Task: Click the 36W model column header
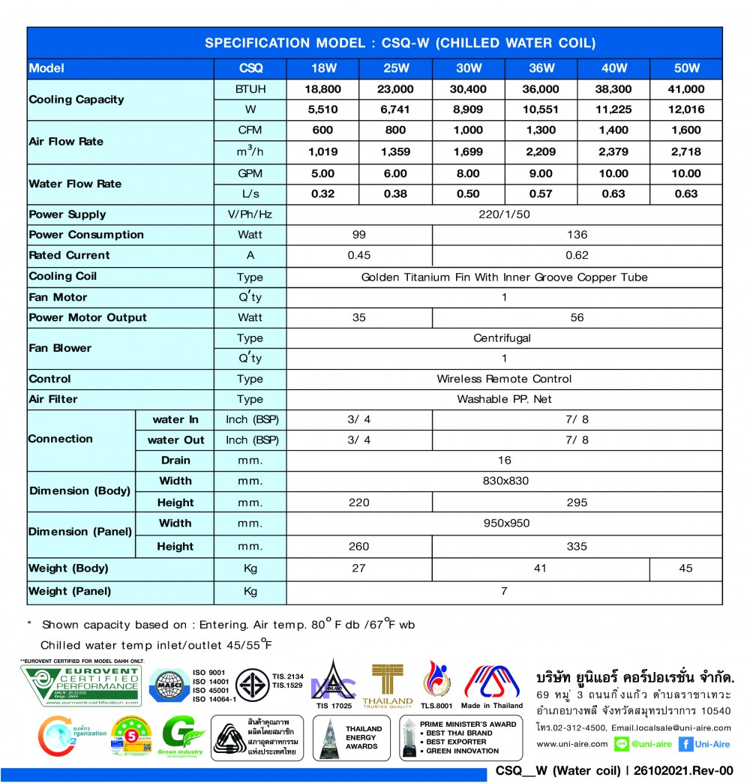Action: tap(541, 68)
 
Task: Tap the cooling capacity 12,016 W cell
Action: tap(685, 109)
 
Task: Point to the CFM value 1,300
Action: tap(541, 130)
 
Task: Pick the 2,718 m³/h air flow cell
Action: tap(685, 151)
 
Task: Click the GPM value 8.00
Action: tap(469, 173)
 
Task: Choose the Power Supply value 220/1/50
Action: tap(504, 214)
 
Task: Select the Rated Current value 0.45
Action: tap(358, 255)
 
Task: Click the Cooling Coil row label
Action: tap(63, 276)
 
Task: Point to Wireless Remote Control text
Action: tap(504, 379)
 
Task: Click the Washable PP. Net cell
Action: tap(504, 399)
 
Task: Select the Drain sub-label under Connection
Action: tap(175, 460)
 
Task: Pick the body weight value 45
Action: tap(685, 568)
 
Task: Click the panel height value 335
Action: tap(577, 547)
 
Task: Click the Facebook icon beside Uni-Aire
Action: tap(685, 744)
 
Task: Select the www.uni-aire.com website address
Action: tap(572, 744)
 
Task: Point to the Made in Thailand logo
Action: tap(492, 685)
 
